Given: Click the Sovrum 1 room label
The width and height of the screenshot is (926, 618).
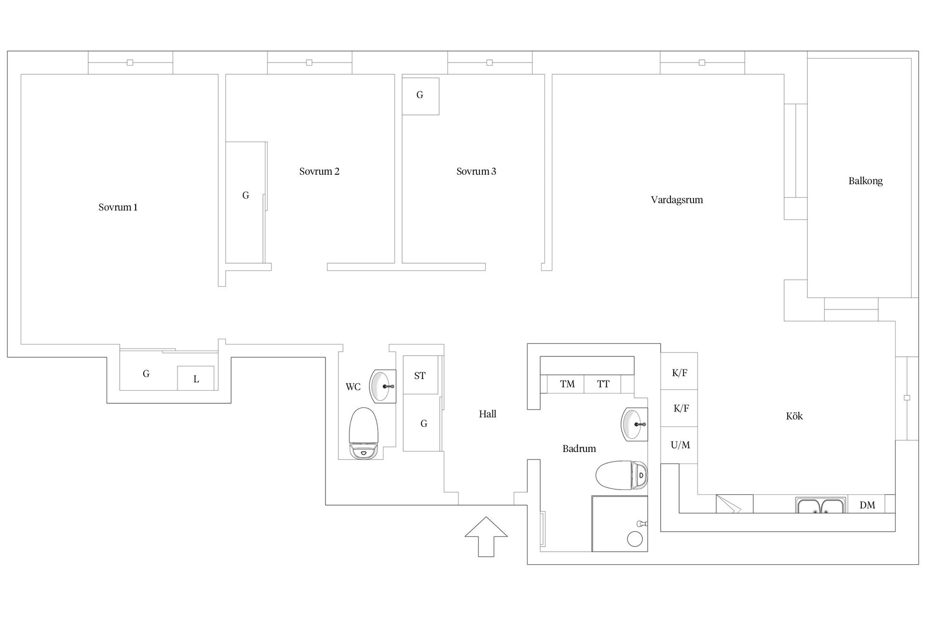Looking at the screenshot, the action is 118,208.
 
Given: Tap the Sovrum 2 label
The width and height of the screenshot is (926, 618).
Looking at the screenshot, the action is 319,171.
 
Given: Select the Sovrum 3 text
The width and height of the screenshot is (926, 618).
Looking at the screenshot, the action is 477,171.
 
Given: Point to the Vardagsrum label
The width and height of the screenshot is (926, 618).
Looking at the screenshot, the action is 677,200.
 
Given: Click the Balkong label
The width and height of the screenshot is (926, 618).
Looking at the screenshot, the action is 866,181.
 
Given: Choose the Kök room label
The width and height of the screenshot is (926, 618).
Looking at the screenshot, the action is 794,416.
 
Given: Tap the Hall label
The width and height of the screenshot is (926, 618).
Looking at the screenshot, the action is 488,414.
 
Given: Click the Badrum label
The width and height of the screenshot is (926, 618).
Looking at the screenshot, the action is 579,449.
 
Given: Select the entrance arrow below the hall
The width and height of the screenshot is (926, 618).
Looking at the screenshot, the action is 486,537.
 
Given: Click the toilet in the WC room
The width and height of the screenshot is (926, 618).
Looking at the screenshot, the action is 364,433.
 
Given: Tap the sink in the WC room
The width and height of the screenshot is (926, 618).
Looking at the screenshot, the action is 382,386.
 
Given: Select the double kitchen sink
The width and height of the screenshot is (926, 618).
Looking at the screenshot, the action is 821,505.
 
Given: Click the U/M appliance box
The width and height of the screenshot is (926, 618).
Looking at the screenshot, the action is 679,445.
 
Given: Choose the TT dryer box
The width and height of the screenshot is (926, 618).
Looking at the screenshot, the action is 602,384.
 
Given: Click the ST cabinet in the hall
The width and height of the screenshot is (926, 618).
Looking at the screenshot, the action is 421,375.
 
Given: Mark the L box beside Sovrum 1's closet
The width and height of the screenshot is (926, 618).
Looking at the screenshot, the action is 196,379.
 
